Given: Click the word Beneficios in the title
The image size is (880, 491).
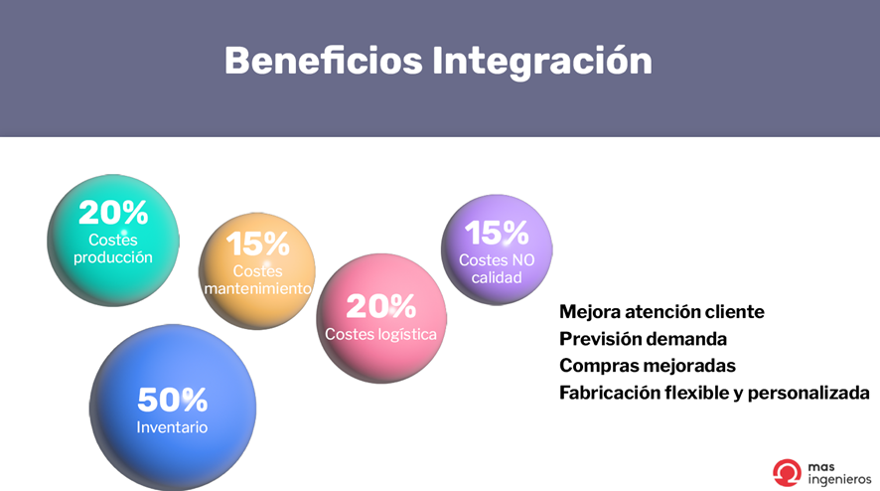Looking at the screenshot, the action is click(x=323, y=61).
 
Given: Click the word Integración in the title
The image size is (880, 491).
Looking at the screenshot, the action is click(x=542, y=62).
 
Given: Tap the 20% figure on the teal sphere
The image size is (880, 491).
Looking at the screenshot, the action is click(x=113, y=213).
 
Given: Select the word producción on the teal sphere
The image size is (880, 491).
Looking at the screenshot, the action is click(x=113, y=257).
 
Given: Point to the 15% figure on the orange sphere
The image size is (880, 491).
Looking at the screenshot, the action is click(x=257, y=244).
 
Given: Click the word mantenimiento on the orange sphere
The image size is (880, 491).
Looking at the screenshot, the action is click(x=257, y=288).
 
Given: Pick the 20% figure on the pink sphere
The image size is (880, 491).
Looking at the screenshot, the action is click(x=381, y=306).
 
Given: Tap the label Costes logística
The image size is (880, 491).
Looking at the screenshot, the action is click(x=380, y=334).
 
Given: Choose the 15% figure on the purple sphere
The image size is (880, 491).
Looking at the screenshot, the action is click(x=497, y=233).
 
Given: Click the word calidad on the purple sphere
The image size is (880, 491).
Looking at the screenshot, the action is click(x=497, y=277).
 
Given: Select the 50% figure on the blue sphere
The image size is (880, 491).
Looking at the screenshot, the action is click(x=172, y=400).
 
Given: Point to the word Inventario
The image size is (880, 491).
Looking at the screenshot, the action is click(x=172, y=427).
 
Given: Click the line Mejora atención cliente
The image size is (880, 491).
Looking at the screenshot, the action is click(x=661, y=312).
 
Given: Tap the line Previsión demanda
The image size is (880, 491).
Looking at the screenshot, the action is click(x=644, y=339).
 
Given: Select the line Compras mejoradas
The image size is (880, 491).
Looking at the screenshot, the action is click(x=648, y=366).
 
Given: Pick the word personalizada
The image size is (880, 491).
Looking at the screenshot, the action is click(x=808, y=393).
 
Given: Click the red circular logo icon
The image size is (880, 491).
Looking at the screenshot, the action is click(x=787, y=472).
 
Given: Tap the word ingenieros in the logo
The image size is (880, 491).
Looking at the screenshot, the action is click(x=839, y=479).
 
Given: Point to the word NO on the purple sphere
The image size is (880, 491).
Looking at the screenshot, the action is click(x=523, y=260).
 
